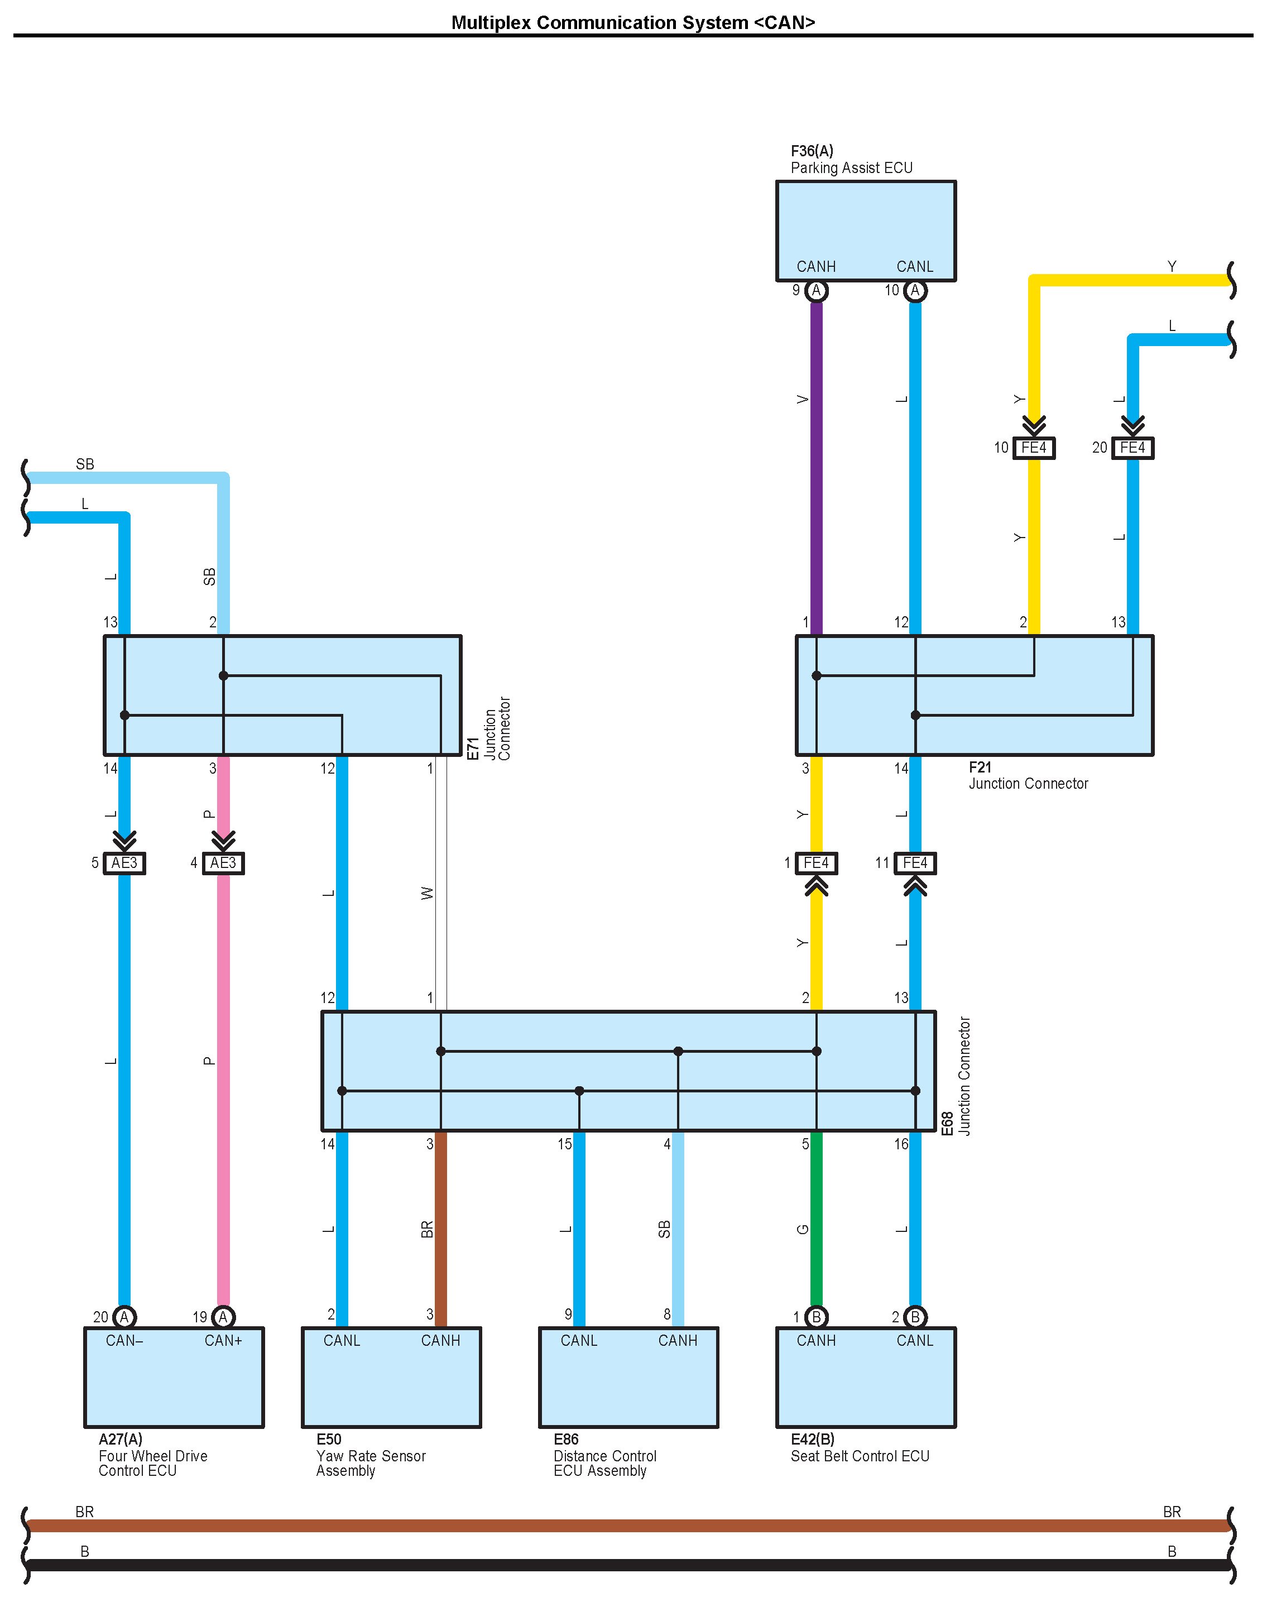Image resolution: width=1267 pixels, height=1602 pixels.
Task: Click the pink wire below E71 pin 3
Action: coord(223,1076)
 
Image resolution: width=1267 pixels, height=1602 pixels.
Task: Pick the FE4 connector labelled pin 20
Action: coord(1132,448)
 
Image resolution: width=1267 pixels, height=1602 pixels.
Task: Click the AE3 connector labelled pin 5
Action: coord(124,864)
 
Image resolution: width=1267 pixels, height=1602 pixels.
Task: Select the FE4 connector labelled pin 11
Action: coord(915,864)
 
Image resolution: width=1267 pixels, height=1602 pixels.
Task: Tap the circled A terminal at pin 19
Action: coord(223,1317)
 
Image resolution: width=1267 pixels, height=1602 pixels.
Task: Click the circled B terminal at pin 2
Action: coord(915,1317)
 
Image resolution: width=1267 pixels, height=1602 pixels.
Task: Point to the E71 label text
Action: coord(473,747)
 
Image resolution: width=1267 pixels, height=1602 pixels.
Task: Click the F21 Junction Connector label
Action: coord(1028,776)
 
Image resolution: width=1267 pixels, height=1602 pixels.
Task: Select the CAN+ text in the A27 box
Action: coord(223,1341)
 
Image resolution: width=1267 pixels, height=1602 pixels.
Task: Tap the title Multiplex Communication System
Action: coord(633,22)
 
